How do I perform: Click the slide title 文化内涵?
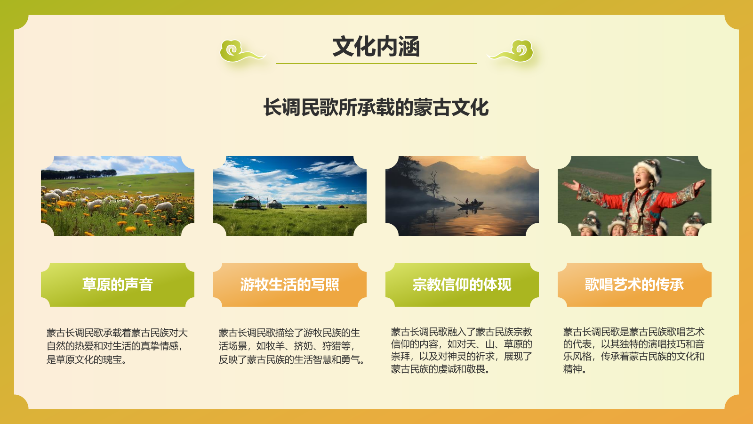(x=376, y=47)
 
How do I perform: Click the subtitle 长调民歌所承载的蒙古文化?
(x=376, y=107)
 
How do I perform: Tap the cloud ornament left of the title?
(x=240, y=51)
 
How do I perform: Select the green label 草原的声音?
(x=118, y=285)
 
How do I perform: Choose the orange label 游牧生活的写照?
(x=290, y=285)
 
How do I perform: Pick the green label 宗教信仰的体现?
(x=462, y=285)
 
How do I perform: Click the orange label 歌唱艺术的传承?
(x=634, y=285)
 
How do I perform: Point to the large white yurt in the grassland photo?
(x=248, y=203)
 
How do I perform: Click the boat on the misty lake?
(x=471, y=204)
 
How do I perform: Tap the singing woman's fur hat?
(x=647, y=167)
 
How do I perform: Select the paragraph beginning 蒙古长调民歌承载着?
(x=117, y=346)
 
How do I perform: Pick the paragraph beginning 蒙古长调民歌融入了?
(x=462, y=351)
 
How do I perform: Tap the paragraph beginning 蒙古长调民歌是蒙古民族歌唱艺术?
(x=634, y=351)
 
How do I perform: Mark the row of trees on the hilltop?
(x=80, y=174)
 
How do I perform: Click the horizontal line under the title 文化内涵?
(x=376, y=64)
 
